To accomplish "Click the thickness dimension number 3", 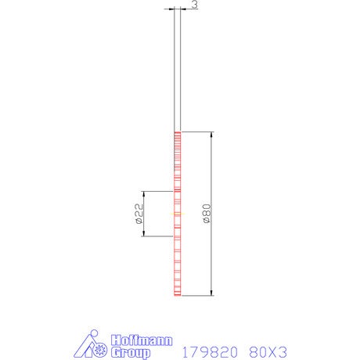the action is (195, 5).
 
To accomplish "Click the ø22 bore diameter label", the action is (139, 214).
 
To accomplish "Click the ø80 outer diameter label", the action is (207, 214).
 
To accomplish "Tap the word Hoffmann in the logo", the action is (142, 340).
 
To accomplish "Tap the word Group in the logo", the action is (131, 353).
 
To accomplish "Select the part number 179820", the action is (210, 352).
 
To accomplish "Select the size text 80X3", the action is (268, 352).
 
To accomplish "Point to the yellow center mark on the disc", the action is (178, 214).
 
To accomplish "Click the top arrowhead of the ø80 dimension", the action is (211, 135).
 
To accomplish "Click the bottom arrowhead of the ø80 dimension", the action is (211, 293).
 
